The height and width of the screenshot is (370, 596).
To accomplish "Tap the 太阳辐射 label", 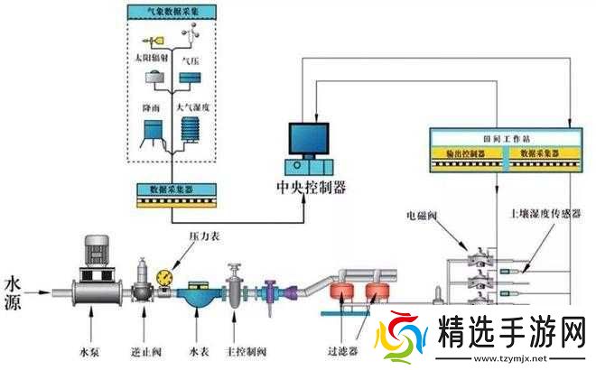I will click(x=151, y=57).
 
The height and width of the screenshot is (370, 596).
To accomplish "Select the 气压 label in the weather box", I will click(x=191, y=61).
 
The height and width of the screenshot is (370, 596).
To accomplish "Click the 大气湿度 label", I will click(x=192, y=107).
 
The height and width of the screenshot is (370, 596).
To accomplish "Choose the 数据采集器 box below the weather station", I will click(x=172, y=190).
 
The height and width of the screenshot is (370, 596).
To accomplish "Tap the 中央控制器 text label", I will click(x=310, y=188).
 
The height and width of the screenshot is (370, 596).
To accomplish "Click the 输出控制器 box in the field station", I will click(x=465, y=154).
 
